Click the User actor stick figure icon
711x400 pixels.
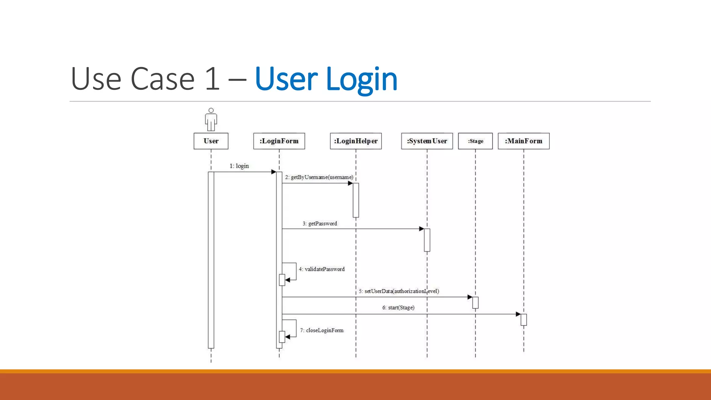coord(211,119)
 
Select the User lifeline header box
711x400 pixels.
coord(211,141)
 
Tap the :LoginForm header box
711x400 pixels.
coord(279,141)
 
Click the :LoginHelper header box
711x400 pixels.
coord(355,141)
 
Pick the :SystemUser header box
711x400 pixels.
coord(427,141)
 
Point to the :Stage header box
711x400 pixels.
coord(475,141)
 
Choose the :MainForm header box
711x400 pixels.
coord(524,141)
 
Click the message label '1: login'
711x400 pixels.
coord(239,166)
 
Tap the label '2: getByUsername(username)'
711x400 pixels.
coord(319,177)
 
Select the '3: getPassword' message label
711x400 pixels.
coord(320,224)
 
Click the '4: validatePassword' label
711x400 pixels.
coord(322,269)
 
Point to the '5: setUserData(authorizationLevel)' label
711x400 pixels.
coord(399,291)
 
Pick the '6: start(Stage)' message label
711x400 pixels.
coord(398,308)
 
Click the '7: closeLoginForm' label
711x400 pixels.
coord(322,330)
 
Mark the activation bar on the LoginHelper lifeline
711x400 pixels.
coord(356,200)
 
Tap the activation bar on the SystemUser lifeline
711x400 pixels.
coord(427,240)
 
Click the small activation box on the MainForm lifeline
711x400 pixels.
coord(524,319)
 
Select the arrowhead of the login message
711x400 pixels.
coord(274,172)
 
